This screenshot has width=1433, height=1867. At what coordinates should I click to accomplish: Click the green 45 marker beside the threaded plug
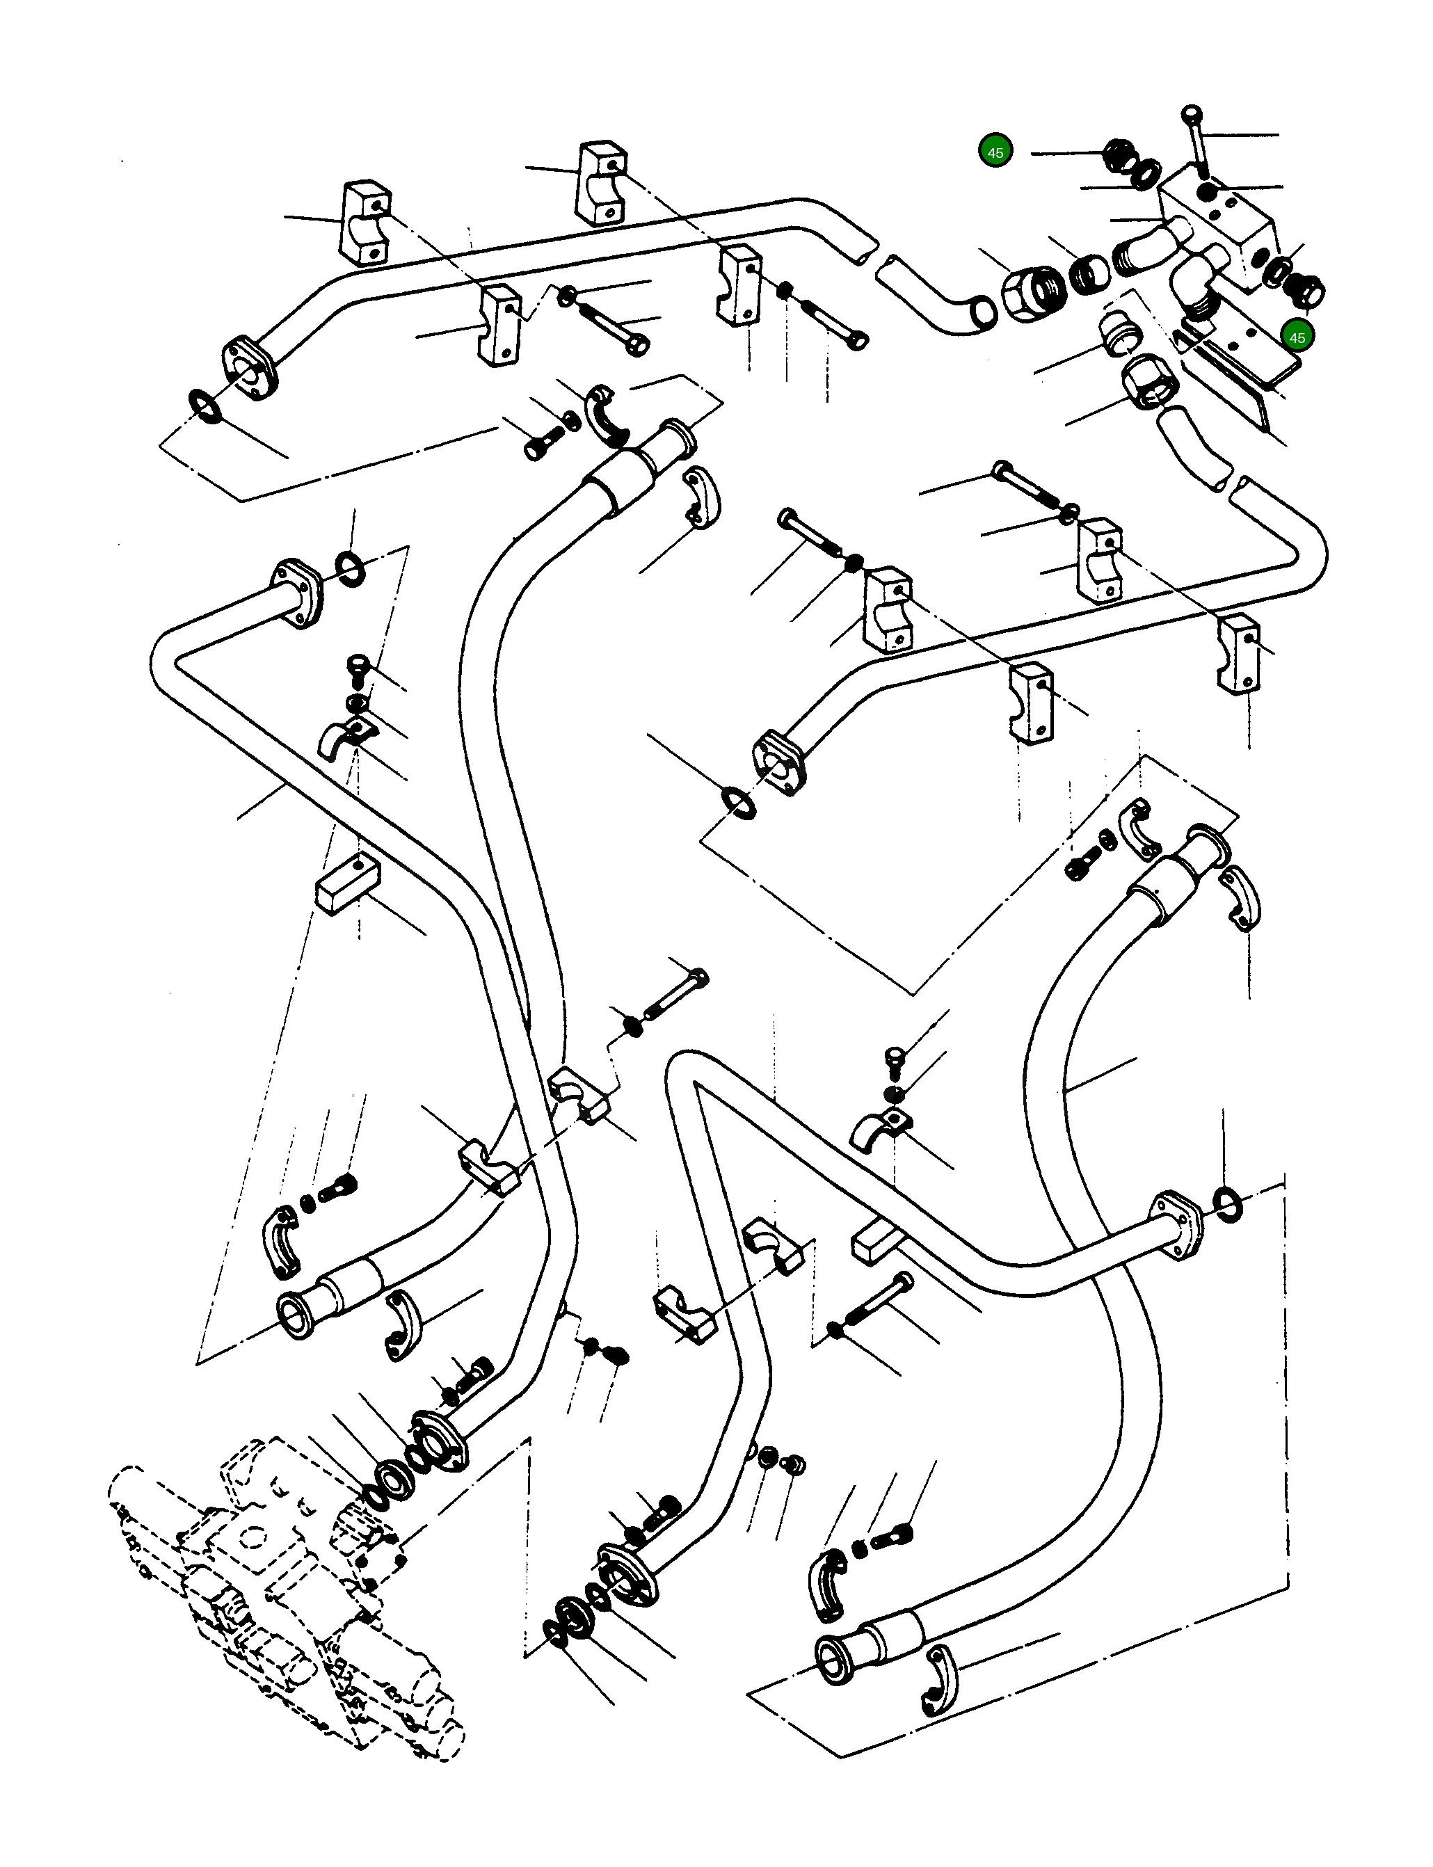tap(995, 152)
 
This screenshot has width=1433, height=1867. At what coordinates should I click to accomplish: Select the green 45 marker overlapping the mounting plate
tap(1297, 337)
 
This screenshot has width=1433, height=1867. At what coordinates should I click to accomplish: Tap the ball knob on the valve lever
tap(1191, 113)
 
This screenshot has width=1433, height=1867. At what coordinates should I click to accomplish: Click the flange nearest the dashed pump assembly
tap(438, 1441)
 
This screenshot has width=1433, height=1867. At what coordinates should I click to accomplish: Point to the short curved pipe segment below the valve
tap(1194, 448)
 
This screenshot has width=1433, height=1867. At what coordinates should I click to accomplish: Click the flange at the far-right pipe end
tap(1180, 1222)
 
